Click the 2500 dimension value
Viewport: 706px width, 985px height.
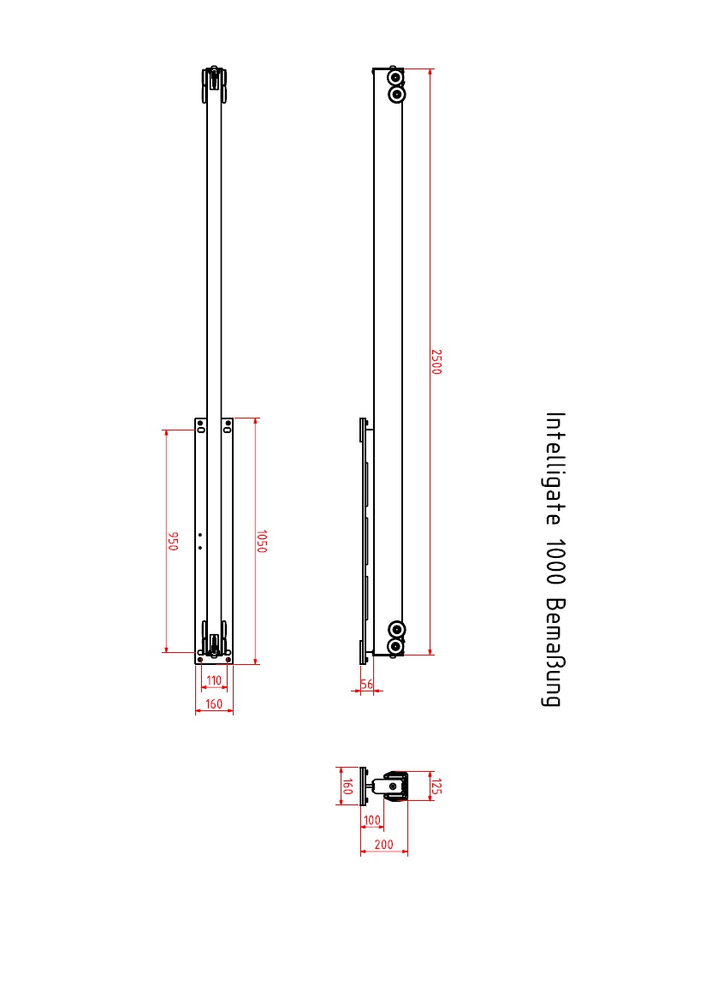pos(436,362)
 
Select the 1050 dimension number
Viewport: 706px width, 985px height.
pos(262,542)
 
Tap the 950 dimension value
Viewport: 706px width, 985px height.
pos(174,542)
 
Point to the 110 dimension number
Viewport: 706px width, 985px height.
pos(214,680)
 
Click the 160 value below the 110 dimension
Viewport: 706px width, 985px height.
pos(214,703)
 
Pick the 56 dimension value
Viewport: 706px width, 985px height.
pos(367,684)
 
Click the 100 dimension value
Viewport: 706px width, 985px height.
pos(372,820)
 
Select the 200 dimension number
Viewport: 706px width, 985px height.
pos(383,845)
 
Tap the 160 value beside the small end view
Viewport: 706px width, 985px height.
pos(347,786)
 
